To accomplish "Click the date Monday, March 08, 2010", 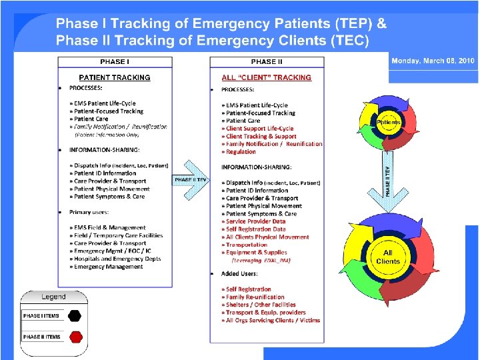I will pyautogui.click(x=433, y=61).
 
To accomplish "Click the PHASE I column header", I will pyautogui.click(x=114, y=61).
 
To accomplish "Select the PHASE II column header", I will pyautogui.click(x=267, y=61).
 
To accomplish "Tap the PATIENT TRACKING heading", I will pyautogui.click(x=115, y=77).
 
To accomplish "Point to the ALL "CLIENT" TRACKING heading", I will pyautogui.click(x=267, y=77).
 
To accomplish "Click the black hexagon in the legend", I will pyautogui.click(x=75, y=315).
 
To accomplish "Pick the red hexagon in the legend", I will pyautogui.click(x=75, y=336).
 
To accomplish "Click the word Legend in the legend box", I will pyautogui.click(x=54, y=297).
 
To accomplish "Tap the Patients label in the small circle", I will pyautogui.click(x=389, y=123).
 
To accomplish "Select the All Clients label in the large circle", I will pyautogui.click(x=388, y=257).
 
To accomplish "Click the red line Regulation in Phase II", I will pyautogui.click(x=241, y=151).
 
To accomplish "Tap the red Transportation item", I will pyautogui.click(x=247, y=245).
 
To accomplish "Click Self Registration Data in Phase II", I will pyautogui.click(x=255, y=229).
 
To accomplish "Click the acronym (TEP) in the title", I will pyautogui.click(x=351, y=24).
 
